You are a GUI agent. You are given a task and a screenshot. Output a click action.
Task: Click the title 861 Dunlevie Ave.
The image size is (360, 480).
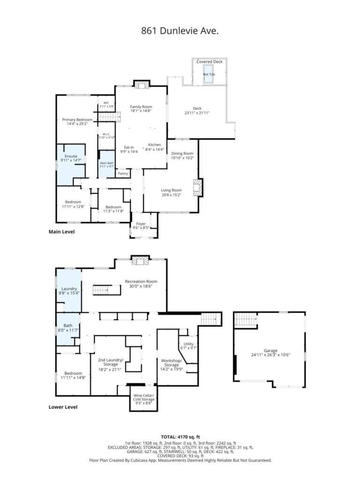(180, 30)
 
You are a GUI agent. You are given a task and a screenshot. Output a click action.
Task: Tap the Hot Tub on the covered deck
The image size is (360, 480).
(209, 74)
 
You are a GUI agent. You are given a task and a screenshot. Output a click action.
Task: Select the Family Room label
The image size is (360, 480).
(141, 107)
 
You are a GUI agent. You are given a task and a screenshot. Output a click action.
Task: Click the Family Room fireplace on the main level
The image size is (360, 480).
(142, 84)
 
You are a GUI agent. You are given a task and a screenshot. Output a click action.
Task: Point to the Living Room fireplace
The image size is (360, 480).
(198, 187)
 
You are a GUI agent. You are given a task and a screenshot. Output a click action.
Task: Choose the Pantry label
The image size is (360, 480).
(123, 173)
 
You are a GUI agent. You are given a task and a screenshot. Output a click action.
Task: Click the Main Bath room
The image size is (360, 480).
(106, 164)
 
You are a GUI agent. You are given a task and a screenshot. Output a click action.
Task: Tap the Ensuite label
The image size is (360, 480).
(71, 156)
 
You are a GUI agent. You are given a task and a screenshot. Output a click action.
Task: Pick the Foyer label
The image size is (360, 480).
(141, 224)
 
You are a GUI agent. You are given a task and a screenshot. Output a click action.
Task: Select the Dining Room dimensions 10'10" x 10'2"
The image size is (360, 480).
(182, 158)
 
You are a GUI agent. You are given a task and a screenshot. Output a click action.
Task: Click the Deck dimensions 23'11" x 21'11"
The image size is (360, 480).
(197, 113)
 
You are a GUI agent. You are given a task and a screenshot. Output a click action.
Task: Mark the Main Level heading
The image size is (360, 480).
(61, 232)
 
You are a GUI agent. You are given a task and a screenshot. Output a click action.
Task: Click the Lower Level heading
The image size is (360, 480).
(63, 407)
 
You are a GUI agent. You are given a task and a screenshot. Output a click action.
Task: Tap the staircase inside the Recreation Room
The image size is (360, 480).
(106, 290)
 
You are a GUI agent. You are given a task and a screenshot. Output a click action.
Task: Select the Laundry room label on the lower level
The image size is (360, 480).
(69, 289)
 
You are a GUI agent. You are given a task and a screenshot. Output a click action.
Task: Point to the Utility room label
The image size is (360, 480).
(188, 344)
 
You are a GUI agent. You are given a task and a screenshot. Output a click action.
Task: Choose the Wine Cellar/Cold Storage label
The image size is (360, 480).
(143, 397)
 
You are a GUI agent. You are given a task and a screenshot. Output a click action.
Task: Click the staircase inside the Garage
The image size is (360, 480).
(246, 320)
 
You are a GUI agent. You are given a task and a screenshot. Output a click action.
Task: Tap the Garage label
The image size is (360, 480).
(270, 351)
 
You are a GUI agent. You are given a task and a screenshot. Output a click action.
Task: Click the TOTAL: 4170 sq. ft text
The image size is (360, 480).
(180, 437)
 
